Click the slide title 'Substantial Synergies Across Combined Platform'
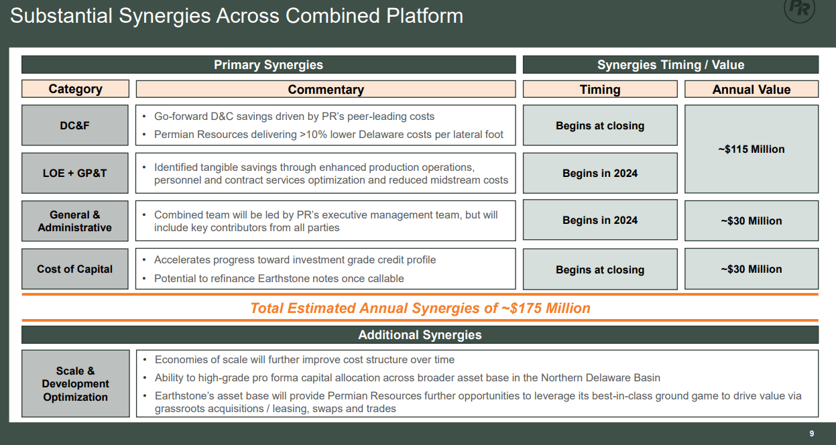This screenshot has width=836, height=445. tap(236, 16)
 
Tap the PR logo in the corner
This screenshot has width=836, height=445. tap(800, 9)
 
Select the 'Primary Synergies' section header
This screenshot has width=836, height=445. tap(268, 65)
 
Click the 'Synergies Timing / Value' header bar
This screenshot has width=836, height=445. tap(670, 65)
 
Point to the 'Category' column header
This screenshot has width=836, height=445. tap(75, 89)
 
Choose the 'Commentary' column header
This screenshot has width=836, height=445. tap(325, 89)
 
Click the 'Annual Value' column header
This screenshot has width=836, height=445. tap(751, 89)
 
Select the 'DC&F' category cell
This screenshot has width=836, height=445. tap(75, 125)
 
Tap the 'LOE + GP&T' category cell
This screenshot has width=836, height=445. tap(75, 173)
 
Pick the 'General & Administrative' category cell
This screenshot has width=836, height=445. tap(75, 221)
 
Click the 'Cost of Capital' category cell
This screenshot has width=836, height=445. tap(75, 269)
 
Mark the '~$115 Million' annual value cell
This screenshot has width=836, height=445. tap(751, 149)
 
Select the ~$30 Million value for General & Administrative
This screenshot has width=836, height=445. tap(751, 221)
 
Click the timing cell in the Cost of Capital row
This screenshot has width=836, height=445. tap(600, 269)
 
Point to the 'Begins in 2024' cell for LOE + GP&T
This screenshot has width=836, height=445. tap(600, 173)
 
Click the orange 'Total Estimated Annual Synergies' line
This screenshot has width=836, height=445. tap(420, 308)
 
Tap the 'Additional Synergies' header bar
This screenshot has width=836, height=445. tap(420, 335)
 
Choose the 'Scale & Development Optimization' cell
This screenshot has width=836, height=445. tap(75, 384)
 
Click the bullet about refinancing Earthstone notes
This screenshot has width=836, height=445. tap(279, 278)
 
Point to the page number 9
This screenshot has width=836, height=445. tap(812, 434)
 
